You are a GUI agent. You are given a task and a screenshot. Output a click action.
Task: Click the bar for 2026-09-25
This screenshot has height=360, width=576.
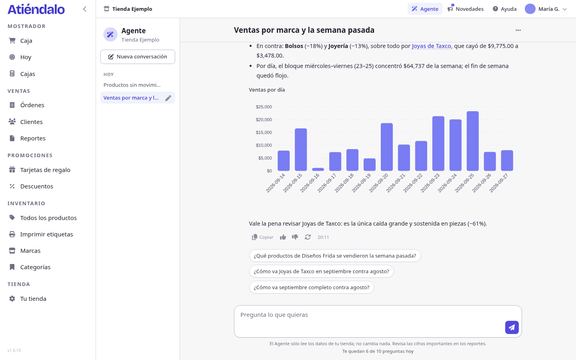point(473,141)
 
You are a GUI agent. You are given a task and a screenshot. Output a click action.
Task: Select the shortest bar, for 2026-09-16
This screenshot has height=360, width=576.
point(318,170)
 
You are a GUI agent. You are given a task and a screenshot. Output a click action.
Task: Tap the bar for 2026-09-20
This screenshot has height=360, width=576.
point(387,147)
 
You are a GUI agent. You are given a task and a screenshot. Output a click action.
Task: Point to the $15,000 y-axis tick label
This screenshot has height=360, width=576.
point(264,132)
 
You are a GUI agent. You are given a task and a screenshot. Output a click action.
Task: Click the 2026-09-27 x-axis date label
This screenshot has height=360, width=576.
point(499,183)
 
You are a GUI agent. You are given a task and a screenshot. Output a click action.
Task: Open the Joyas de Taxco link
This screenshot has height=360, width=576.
point(431,46)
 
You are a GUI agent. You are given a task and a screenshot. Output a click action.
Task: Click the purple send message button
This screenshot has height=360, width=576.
point(512,327)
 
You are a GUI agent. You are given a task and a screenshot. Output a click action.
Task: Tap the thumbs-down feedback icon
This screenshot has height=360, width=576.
point(295,237)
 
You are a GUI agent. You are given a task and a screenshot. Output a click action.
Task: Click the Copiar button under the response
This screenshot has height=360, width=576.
point(262,237)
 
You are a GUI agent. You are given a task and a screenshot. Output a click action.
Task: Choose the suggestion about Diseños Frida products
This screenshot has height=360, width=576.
point(335,256)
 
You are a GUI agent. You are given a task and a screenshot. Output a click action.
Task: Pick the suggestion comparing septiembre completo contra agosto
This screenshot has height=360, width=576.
point(311,287)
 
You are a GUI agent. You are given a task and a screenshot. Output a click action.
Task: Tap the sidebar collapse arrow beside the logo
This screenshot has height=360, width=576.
point(85,9)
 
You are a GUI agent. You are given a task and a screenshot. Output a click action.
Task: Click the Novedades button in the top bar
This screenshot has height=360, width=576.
point(466,9)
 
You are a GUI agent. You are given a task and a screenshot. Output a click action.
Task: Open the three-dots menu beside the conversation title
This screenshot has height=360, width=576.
point(518,30)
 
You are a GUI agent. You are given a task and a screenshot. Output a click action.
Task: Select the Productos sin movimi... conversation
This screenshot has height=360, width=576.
point(132,85)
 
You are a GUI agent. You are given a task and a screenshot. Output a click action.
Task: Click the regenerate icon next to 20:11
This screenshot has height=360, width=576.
point(308,237)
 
